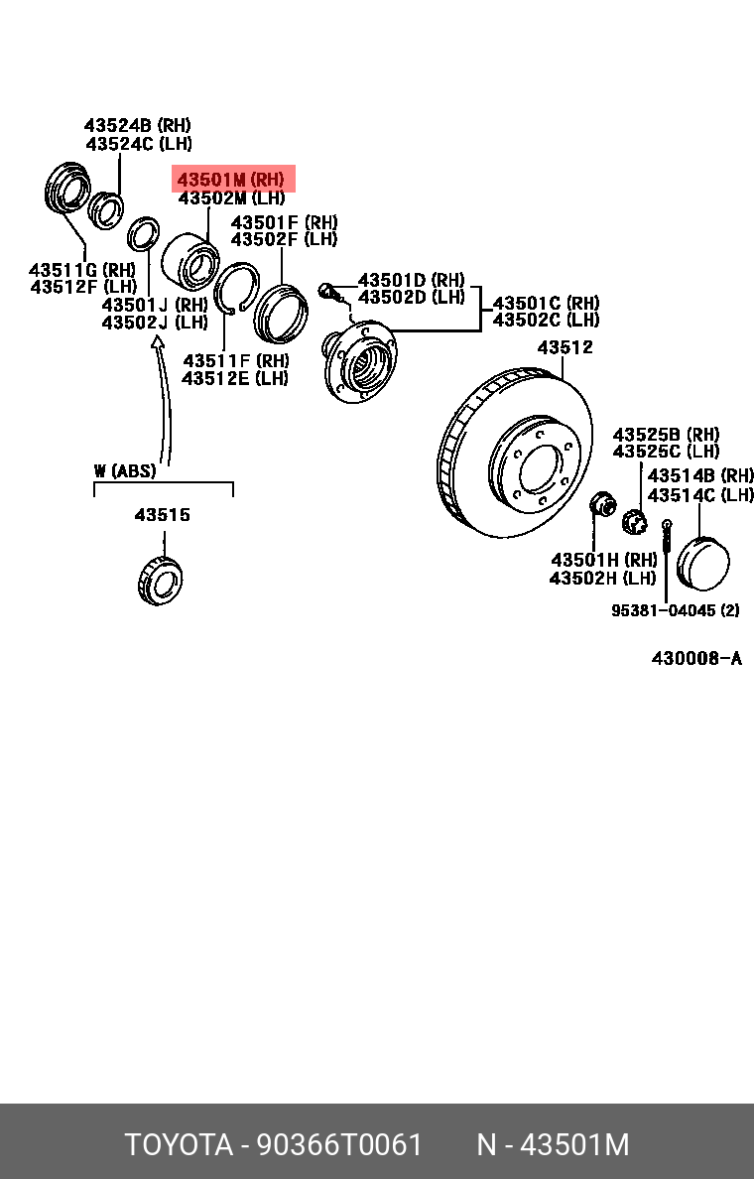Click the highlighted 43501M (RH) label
pos(231,180)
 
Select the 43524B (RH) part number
pos(137,126)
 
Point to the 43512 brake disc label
pos(565,347)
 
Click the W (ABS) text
pos(125,470)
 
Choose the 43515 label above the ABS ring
pos(163,515)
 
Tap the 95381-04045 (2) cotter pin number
pos(675,610)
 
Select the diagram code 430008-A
pos(696,659)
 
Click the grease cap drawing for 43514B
pos(702,564)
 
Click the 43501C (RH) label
pos(546,303)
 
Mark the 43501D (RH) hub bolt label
pos(411,281)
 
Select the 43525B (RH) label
pos(666,435)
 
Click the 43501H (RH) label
pos(603,560)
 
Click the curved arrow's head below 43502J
pos(156,342)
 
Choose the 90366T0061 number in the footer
pos(339,1144)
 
